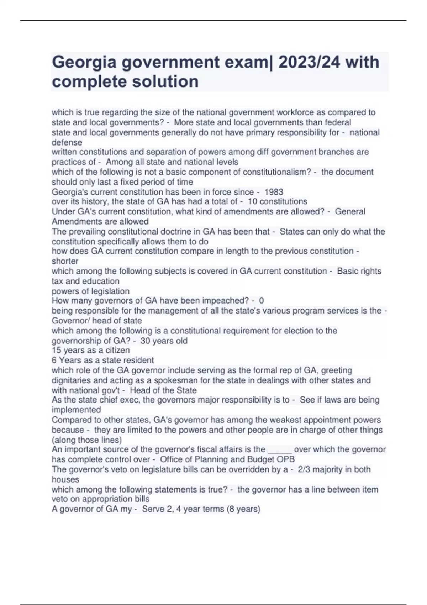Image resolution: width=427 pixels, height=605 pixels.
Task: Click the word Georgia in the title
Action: (84, 63)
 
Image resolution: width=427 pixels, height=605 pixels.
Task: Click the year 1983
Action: (274, 192)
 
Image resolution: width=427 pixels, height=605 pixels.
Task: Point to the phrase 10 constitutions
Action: (277, 201)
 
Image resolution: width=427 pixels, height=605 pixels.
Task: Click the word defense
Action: (67, 142)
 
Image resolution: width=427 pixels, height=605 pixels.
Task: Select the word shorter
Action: (65, 261)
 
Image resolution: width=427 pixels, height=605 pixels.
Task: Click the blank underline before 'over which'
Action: (279, 449)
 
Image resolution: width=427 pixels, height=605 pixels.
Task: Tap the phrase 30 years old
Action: (164, 341)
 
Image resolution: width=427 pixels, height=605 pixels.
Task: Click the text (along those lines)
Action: (86, 440)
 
